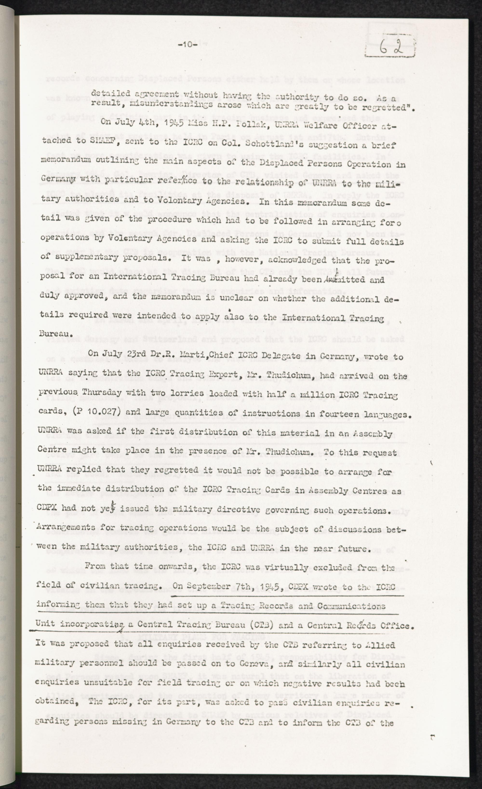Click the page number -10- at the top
(188, 45)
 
